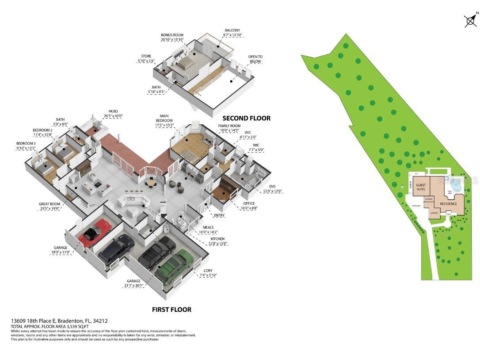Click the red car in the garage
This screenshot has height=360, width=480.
point(95,232)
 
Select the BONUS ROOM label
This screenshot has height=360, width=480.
point(172,35)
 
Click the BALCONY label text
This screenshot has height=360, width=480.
point(233,30)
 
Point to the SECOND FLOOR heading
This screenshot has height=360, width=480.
point(246,118)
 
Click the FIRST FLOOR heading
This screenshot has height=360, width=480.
point(171,310)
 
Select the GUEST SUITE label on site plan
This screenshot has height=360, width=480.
point(421,187)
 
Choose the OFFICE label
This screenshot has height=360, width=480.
point(249,203)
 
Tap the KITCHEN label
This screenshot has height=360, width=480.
point(217,239)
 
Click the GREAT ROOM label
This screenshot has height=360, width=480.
point(49,204)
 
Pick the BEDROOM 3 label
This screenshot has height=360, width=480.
point(26,144)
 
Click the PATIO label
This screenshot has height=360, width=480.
point(113,111)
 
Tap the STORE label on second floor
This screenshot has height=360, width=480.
point(146,56)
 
